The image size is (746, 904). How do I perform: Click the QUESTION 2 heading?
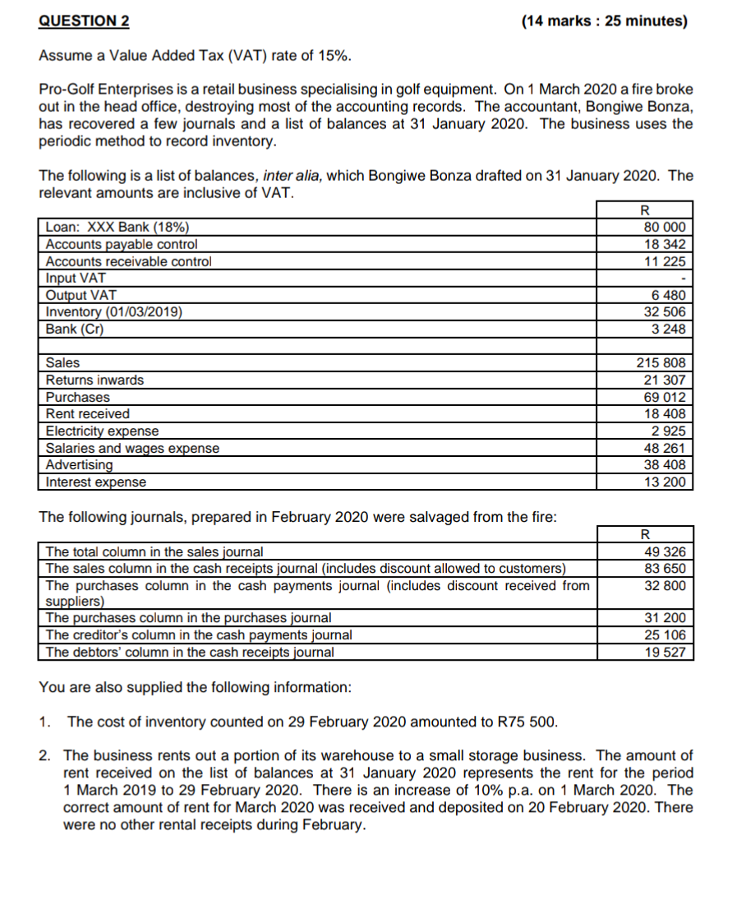coord(84,21)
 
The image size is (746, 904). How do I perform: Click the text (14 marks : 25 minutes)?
coord(604,21)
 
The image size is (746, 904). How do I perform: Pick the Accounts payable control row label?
coord(122,244)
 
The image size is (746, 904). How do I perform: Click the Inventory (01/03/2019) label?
coord(114,311)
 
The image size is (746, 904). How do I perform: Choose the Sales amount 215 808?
coord(662,362)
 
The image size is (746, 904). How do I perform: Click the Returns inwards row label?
coord(94,380)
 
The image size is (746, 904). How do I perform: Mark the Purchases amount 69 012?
coord(666,397)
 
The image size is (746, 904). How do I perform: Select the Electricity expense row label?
coord(103,431)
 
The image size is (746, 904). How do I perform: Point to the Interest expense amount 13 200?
coord(666,482)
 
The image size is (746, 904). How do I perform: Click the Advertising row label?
coord(80,465)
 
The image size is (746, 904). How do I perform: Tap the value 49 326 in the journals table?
coord(666,552)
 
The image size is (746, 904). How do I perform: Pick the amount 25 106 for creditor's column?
coord(666,634)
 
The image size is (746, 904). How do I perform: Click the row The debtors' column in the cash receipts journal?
coord(190,652)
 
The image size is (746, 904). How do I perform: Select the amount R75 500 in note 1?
coord(527,722)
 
